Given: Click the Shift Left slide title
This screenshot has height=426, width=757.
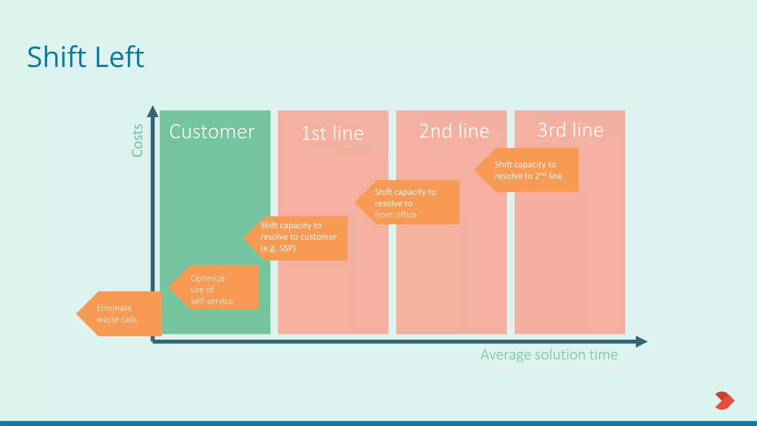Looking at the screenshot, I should [86, 57].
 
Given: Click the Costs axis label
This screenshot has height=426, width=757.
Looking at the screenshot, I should [138, 141].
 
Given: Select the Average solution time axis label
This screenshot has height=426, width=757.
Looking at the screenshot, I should [549, 355].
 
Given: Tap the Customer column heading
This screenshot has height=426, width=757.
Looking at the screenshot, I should [212, 132].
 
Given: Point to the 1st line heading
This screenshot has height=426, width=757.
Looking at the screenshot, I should [332, 133].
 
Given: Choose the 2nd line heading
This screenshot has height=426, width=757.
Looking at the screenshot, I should [454, 131].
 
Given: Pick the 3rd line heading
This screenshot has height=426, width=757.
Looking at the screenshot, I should [570, 130].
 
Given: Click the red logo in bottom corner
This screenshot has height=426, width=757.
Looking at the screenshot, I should [724, 400].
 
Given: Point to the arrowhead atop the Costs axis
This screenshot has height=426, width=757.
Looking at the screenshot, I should [153, 111].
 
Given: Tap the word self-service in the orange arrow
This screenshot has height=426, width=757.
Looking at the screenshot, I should [212, 301].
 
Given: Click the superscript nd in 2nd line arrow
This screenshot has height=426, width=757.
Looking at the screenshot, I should [543, 173].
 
